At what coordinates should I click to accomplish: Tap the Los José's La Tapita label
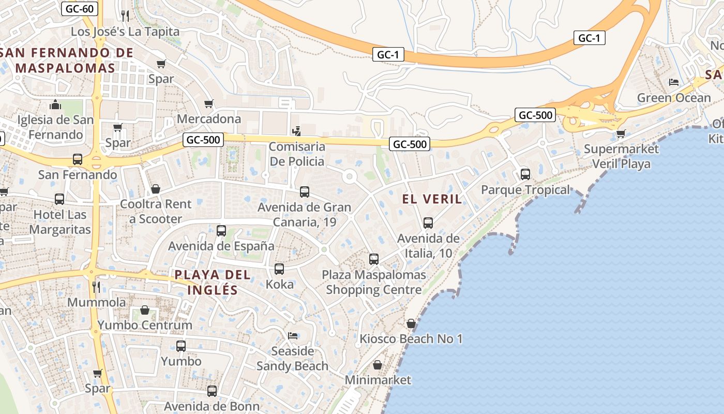[x=125, y=32]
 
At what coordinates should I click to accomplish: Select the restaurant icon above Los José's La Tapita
[x=125, y=16]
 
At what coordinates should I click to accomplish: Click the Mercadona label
[x=209, y=119]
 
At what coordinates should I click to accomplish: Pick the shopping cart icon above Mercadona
[x=209, y=104]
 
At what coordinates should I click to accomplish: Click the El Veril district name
[x=432, y=199]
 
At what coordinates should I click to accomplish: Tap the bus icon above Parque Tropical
[x=525, y=174]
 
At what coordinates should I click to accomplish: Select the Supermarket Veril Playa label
[x=621, y=156]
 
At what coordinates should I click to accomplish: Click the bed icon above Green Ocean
[x=673, y=82]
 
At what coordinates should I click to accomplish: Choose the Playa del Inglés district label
[x=213, y=282]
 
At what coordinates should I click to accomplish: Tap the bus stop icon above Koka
[x=279, y=269]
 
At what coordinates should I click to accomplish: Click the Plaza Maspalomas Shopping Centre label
[x=374, y=282]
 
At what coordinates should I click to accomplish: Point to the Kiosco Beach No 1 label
[x=411, y=339]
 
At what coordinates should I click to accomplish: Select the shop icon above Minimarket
[x=378, y=365]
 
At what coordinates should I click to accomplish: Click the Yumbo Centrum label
[x=145, y=325]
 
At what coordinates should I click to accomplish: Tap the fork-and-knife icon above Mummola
[x=96, y=287]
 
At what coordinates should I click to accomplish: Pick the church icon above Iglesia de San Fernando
[x=55, y=106]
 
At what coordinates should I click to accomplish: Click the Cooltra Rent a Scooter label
[x=156, y=211]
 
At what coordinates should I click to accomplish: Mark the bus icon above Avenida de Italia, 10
[x=428, y=223]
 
